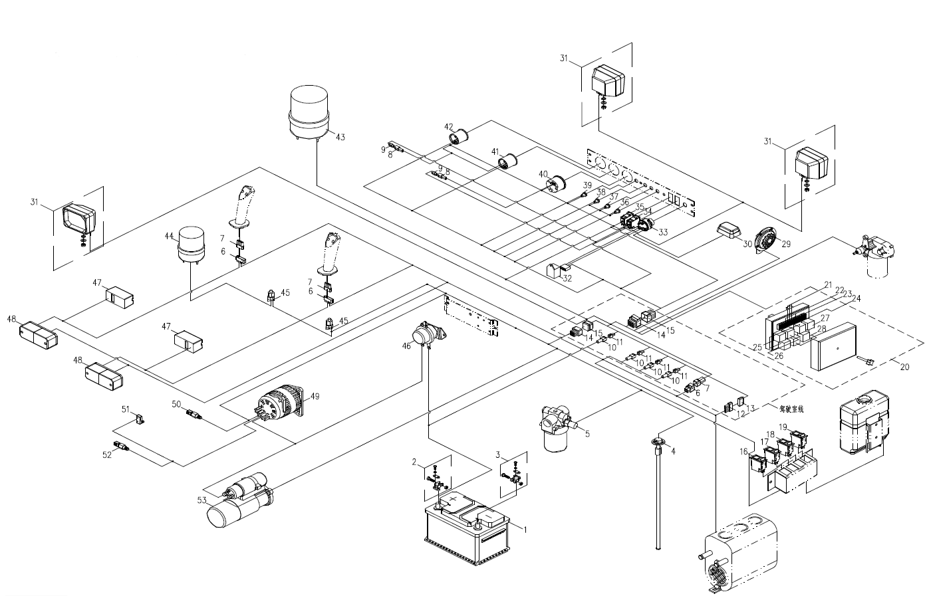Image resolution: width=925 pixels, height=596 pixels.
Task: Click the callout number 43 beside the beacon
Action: pyautogui.click(x=340, y=138)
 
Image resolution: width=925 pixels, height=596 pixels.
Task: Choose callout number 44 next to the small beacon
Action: pyautogui.click(x=169, y=236)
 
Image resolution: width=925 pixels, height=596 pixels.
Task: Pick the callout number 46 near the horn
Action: pyautogui.click(x=407, y=346)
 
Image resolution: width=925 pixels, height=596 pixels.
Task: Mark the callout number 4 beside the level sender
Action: pyautogui.click(x=673, y=451)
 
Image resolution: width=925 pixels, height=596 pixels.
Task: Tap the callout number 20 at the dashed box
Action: pyautogui.click(x=904, y=366)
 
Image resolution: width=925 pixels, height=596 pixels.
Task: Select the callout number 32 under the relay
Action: pyautogui.click(x=567, y=278)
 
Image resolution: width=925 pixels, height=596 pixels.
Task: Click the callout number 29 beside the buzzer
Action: pyautogui.click(x=786, y=245)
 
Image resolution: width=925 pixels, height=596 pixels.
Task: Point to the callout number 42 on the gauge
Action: pyautogui.click(x=449, y=127)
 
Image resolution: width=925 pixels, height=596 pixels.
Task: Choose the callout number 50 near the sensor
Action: pyautogui.click(x=176, y=403)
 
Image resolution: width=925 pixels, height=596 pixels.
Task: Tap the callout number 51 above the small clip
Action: pyautogui.click(x=126, y=409)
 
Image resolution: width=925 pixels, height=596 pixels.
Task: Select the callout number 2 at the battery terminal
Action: pyautogui.click(x=414, y=461)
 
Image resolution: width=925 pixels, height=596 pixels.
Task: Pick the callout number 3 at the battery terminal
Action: pyautogui.click(x=498, y=455)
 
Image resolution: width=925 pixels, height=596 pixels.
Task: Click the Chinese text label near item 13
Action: pyautogui.click(x=792, y=409)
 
